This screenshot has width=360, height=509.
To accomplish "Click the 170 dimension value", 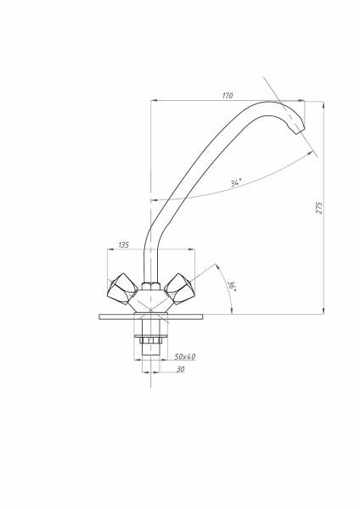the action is point(228,95).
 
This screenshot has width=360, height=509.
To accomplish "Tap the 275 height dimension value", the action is point(319,208).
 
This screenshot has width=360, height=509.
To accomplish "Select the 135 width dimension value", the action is point(123,245).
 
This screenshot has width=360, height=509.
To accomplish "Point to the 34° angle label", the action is point(236,182).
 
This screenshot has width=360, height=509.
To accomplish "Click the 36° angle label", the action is point(233,286).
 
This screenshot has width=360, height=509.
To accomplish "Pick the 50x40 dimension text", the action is point(185,356).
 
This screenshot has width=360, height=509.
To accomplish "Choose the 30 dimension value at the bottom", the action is point(180,369).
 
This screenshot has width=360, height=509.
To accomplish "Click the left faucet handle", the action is point(122,289).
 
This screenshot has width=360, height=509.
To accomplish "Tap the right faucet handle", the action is point(179,288).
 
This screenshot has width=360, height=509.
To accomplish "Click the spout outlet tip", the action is point(300,131).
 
